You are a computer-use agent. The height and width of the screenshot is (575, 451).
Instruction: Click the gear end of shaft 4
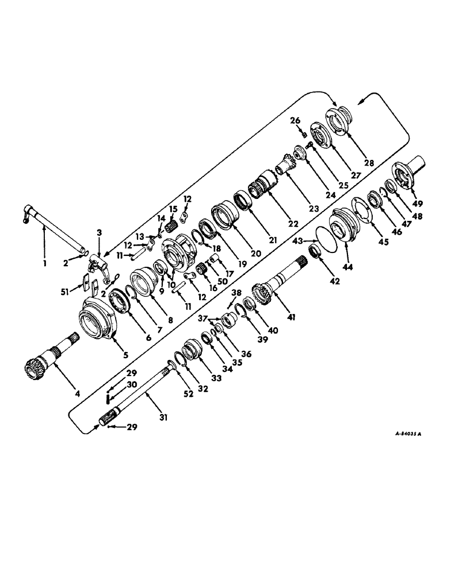click(x=36, y=365)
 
